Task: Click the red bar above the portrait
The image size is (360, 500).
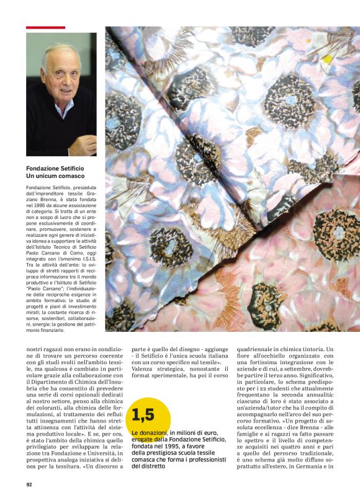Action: pyautogui.click(x=45, y=27)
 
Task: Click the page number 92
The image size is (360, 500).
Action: pyautogui.click(x=30, y=484)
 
